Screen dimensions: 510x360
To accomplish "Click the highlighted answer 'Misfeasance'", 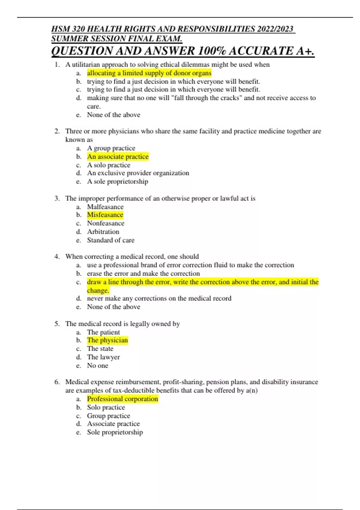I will (105, 215).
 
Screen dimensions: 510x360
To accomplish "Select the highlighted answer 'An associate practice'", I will (118, 157).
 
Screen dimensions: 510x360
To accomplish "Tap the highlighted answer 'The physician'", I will (107, 340).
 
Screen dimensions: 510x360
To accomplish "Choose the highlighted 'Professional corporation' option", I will (122, 399).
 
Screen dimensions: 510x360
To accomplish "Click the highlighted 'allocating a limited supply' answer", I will (149, 73).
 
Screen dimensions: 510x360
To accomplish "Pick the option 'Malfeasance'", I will (105, 207).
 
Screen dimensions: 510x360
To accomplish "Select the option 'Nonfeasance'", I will (105, 223).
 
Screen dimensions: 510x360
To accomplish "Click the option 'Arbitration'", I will (103, 232).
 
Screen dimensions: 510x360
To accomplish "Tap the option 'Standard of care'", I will (110, 240).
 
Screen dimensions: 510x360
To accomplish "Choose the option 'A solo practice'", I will (108, 165).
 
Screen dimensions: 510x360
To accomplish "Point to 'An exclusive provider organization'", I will (138, 173).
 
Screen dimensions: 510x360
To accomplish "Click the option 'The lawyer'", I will (103, 357).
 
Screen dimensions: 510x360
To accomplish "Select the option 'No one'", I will (97, 365).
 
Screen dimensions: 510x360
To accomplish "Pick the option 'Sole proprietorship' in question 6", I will (115, 432).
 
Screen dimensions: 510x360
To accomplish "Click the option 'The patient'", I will (103, 332).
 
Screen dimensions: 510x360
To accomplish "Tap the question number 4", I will (57, 256).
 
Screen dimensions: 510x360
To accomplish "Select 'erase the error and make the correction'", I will (143, 274).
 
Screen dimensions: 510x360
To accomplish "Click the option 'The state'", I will (100, 349).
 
